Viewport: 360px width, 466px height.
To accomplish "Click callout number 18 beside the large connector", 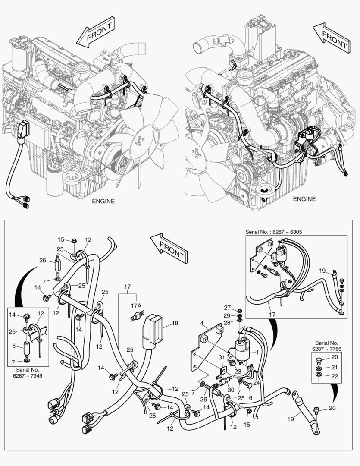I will (x=175, y=323).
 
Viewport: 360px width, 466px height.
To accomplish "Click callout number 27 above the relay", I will (x=227, y=307).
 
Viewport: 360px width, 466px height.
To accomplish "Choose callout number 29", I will (x=227, y=316).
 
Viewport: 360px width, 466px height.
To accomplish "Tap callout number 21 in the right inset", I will (x=335, y=367).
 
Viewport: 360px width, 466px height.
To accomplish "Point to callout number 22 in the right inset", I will (x=335, y=376).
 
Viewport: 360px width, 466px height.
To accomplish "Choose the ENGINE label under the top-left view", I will (x=103, y=201).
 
